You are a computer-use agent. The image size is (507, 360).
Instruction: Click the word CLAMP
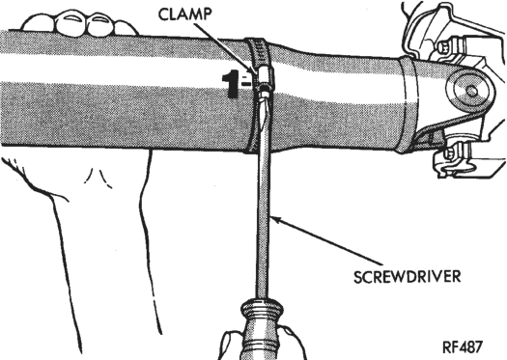coord(185,14)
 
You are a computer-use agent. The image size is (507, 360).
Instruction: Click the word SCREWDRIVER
coord(408,277)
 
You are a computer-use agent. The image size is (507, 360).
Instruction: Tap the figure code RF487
coord(463,347)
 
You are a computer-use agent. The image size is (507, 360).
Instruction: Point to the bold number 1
coord(231,84)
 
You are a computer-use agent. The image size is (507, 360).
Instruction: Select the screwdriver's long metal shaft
coord(264,197)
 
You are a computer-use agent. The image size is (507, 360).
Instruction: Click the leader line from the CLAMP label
coord(226,47)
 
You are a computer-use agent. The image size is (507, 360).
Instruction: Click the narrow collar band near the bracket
coord(408,104)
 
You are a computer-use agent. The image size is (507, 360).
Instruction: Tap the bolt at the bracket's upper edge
coord(445,46)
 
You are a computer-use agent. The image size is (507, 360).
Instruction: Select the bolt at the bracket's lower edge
coord(449,152)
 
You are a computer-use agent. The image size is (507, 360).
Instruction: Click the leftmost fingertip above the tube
coord(39,23)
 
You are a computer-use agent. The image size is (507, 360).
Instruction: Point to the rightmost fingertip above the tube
coord(126,28)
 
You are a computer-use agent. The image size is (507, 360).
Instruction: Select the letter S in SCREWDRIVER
coord(358,277)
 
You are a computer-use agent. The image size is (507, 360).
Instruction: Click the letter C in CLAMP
coord(163,14)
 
